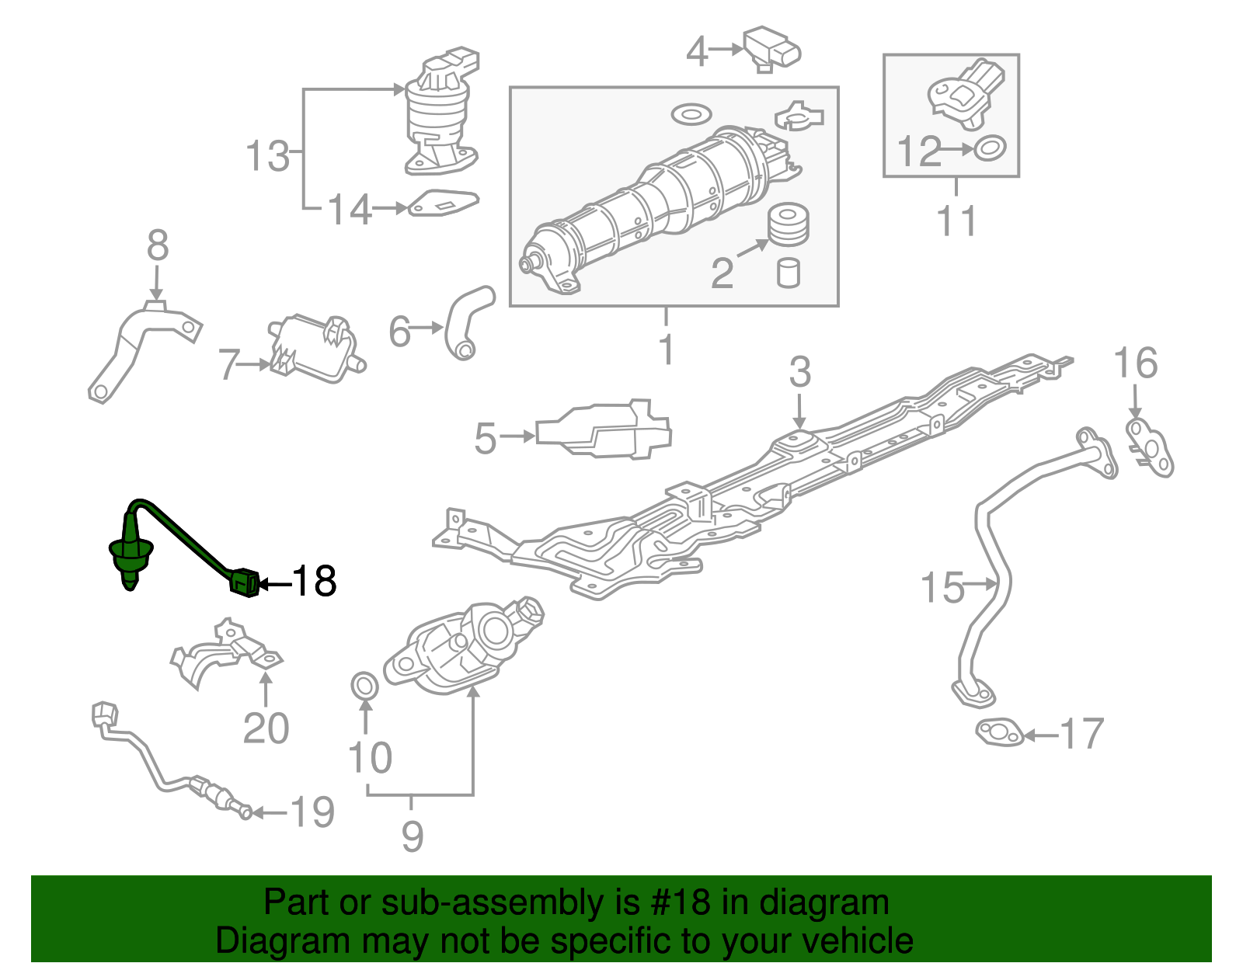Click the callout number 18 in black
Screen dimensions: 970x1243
pos(315,582)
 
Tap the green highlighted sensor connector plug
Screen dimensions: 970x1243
pos(244,582)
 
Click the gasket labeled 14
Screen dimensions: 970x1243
pos(443,203)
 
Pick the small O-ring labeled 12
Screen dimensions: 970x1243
pos(990,148)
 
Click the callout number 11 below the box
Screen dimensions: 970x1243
pos(956,221)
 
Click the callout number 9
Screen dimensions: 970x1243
pos(413,836)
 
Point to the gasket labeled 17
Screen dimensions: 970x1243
pos(999,733)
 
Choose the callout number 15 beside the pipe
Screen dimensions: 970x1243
pos(942,587)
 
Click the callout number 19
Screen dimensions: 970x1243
pos(312,812)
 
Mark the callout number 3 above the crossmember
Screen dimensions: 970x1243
pos(799,372)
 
